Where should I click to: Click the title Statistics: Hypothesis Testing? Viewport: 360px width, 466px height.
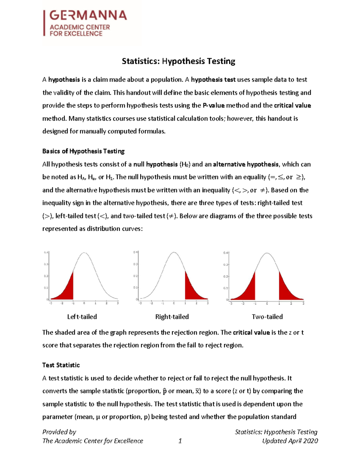coord(178,61)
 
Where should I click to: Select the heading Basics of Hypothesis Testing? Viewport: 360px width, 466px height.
coord(83,151)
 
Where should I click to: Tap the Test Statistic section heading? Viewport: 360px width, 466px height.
coord(61,365)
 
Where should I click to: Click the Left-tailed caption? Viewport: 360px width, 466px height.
coord(82,317)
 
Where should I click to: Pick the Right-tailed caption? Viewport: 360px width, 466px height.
coord(172,317)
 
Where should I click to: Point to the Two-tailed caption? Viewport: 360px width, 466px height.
coord(267,317)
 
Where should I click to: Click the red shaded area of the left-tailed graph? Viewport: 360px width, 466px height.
coord(67,291)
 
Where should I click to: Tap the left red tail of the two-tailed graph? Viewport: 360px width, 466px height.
coord(249,291)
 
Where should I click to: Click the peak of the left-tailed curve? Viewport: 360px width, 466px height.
coord(84,253)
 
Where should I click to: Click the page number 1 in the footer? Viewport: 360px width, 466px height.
coord(180,441)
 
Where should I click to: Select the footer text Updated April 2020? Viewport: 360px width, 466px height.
coord(290,441)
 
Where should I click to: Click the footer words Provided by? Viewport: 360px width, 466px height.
coord(59,432)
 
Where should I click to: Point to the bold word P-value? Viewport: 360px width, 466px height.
coord(214,106)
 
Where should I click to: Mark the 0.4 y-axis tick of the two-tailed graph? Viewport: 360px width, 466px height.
coord(226,253)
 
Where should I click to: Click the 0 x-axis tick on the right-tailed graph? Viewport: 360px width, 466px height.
coord(174,303)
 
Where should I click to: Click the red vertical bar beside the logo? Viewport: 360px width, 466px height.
coord(44,23)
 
